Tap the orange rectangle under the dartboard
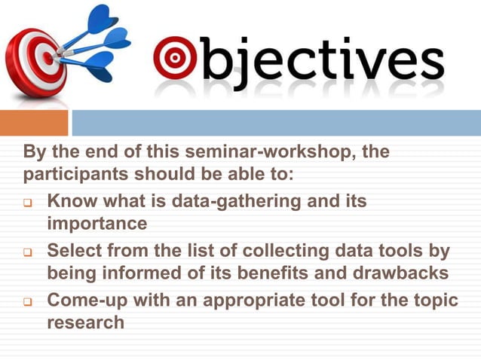point(34,123)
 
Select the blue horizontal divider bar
point(276,123)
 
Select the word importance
point(97,224)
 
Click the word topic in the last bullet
point(437,299)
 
